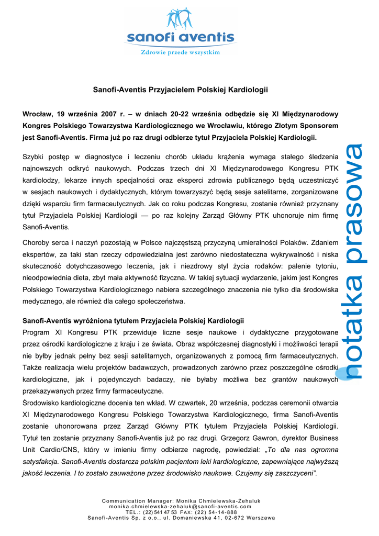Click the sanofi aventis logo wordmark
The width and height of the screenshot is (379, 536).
[x=180, y=38]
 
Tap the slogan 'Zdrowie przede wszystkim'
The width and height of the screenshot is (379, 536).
[x=180, y=52]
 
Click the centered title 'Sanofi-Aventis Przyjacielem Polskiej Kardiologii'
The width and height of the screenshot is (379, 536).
[x=180, y=90]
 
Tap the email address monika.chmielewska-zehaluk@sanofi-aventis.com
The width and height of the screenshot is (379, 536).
[x=180, y=507]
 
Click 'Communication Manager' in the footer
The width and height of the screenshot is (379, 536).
[x=136, y=501]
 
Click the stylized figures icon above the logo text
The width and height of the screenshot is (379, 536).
[x=180, y=18]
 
